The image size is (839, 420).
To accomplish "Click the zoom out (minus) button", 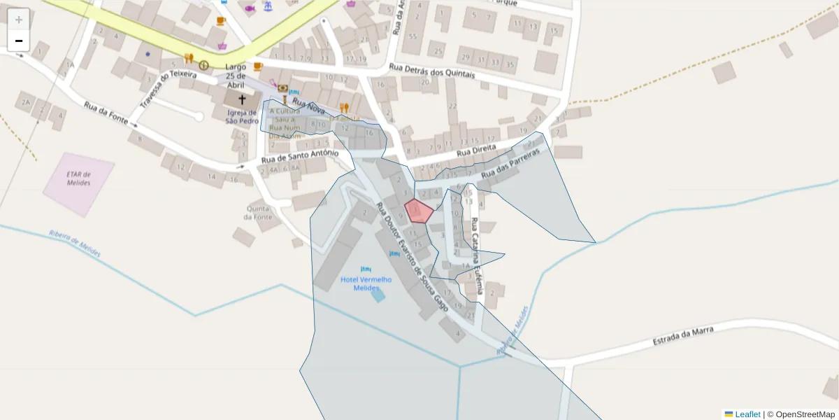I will point(19,41).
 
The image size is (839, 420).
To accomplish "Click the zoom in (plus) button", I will point(19,20).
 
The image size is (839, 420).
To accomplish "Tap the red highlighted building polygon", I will point(419,211).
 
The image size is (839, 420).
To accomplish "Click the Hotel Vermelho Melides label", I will point(366,283).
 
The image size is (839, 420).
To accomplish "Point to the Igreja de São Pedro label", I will point(241,117).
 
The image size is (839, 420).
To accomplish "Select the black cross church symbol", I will point(242,100).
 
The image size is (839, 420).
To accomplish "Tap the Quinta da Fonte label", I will point(258,212).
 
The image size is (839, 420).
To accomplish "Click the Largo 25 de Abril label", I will point(236,76).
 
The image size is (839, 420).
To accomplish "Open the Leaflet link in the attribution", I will point(747,414).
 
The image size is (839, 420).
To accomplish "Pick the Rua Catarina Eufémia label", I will point(476,248).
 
